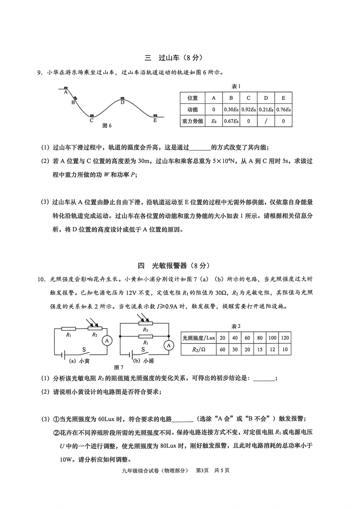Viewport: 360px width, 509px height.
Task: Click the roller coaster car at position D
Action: point(122,98)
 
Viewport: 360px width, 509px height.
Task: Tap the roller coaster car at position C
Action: point(92,116)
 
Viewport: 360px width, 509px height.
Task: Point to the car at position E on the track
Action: point(155,115)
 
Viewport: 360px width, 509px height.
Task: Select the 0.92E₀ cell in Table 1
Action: point(248,110)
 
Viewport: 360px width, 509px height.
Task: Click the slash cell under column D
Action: point(266,121)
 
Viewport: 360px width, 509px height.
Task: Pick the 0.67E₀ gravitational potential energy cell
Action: point(231,121)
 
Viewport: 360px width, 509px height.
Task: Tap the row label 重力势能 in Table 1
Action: point(192,121)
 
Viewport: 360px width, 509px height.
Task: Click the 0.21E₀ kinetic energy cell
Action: point(266,110)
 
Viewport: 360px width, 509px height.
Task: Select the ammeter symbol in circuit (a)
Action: point(107,340)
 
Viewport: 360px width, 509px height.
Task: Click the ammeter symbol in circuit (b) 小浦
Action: point(169,345)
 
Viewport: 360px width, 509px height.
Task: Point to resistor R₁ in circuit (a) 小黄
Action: point(69,329)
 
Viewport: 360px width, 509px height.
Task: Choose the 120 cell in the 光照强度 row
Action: point(285,338)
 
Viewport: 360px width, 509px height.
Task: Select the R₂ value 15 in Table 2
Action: point(260,349)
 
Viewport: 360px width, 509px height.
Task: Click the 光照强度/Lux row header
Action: point(199,338)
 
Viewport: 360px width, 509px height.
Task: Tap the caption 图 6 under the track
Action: point(107,126)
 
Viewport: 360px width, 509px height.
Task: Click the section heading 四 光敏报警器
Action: point(174,265)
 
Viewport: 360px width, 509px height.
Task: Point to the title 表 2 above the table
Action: point(236,326)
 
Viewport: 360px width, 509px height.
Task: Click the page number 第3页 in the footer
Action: point(202,470)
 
